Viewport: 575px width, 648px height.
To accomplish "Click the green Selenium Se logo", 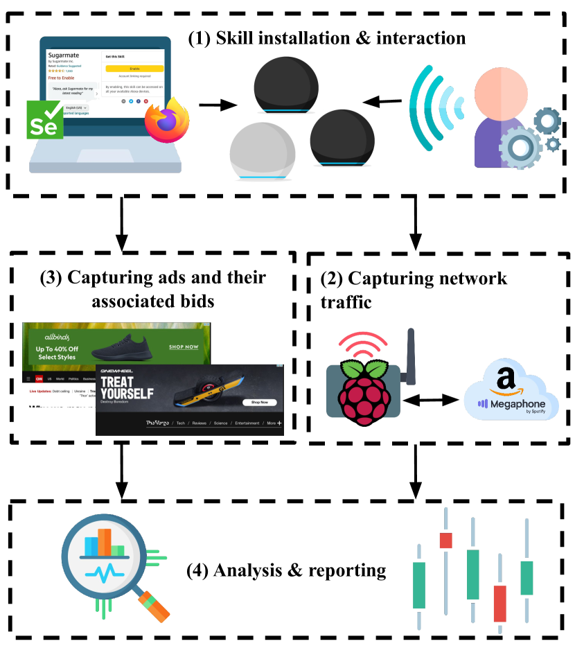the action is (44, 119).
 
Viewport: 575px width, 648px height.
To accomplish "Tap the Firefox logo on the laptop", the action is (167, 120).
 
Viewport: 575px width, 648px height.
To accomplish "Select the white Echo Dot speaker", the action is (263, 152).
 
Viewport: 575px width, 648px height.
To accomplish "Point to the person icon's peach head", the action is (502, 91).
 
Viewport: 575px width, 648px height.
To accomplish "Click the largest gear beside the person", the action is (520, 147).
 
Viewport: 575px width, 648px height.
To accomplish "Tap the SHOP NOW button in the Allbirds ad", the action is (184, 347).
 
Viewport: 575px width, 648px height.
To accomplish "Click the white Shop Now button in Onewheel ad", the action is (260, 402).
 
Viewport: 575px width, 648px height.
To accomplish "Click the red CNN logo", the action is (39, 379).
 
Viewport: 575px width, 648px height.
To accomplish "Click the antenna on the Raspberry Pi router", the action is (410, 356).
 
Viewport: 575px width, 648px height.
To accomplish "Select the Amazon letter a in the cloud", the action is (506, 380).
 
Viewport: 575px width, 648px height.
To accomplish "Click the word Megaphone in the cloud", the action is (517, 404).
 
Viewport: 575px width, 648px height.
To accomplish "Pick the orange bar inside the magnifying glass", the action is (105, 541).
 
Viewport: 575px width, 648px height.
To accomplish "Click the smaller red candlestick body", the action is (445, 541).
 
